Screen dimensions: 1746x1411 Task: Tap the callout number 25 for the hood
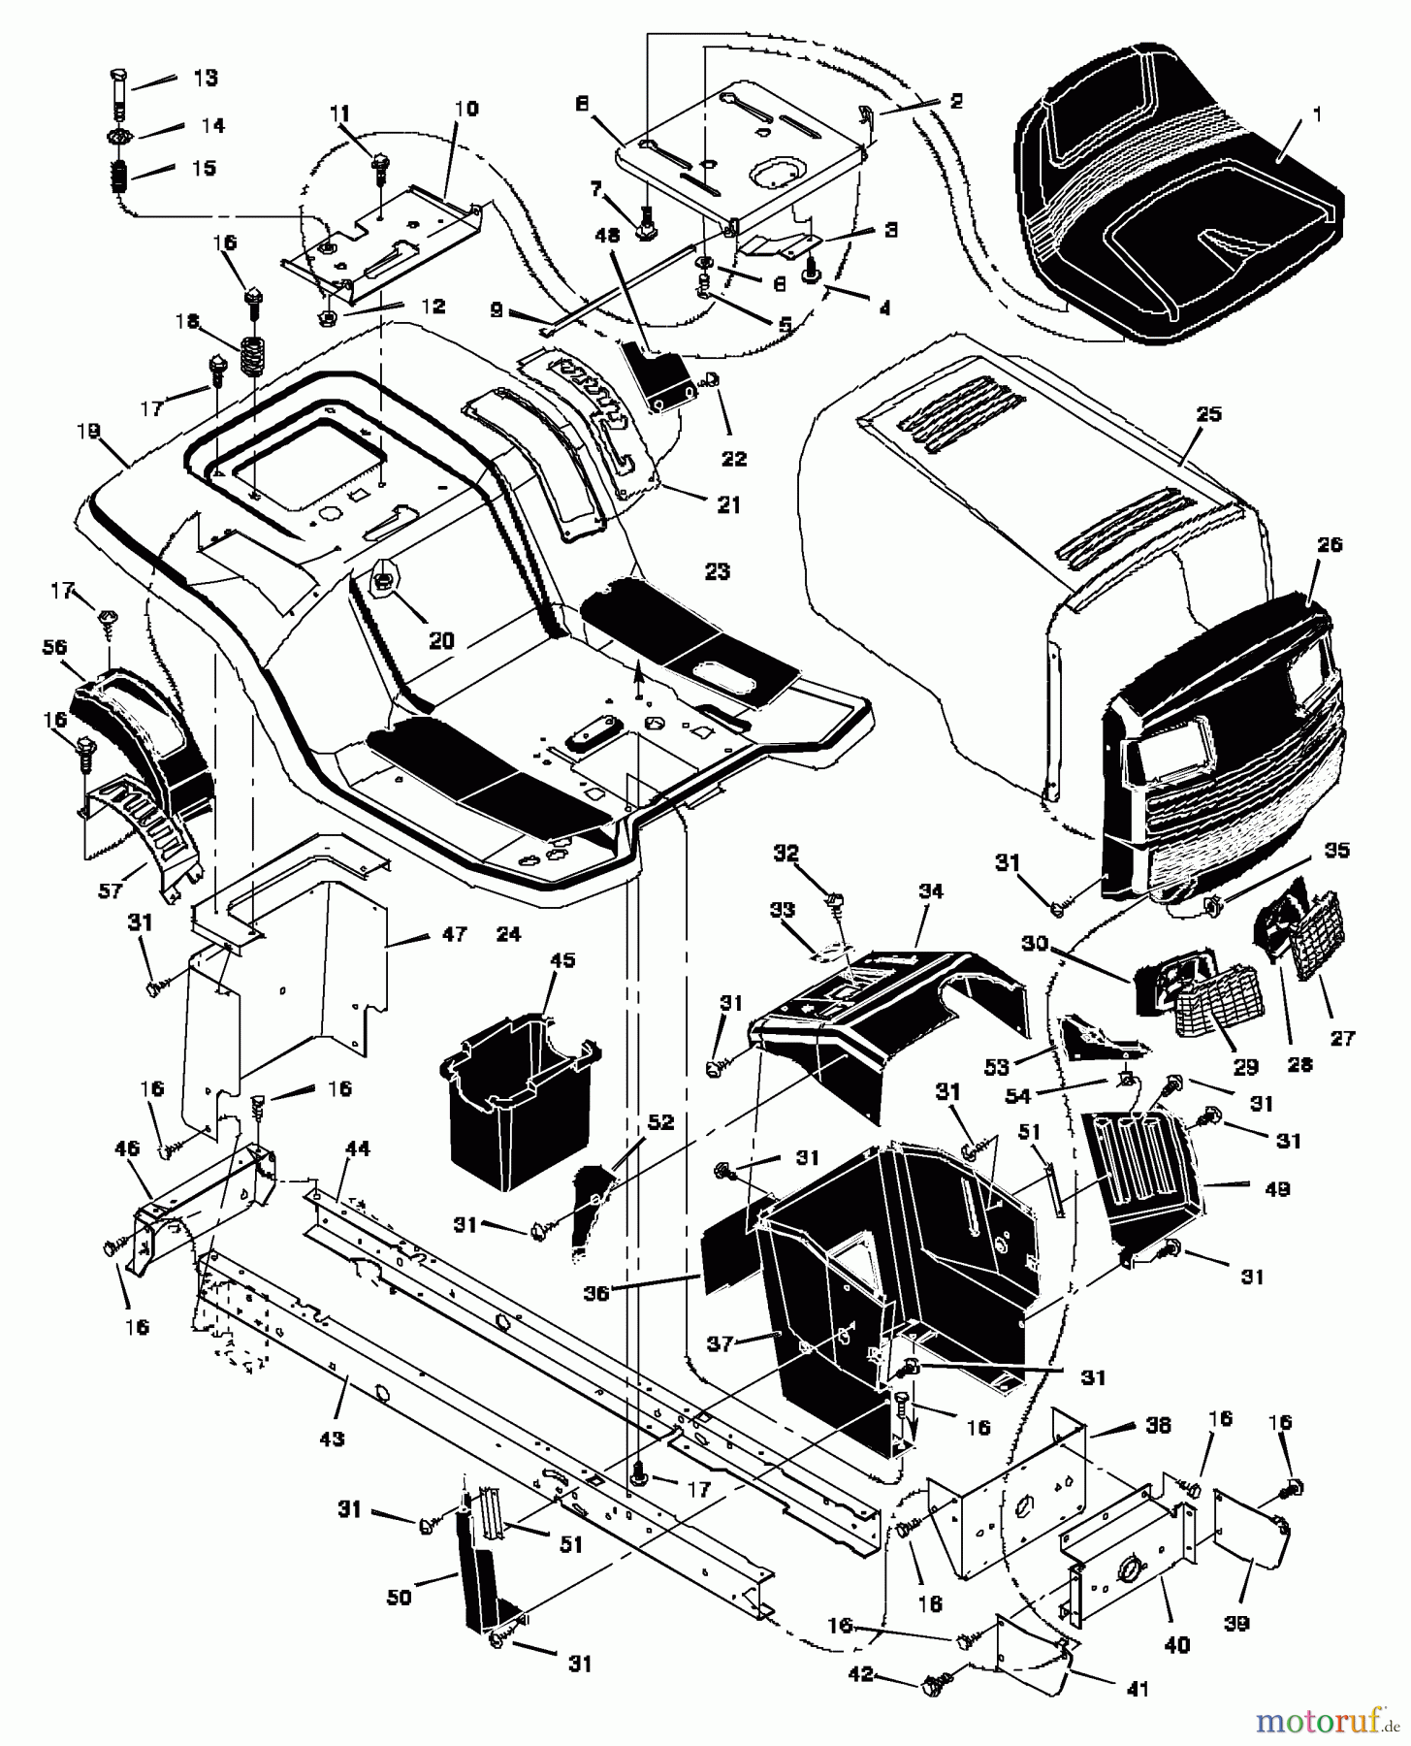[x=1209, y=414]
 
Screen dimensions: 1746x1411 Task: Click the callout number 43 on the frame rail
[x=332, y=1439]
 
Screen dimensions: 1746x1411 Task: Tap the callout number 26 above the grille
[x=1330, y=545]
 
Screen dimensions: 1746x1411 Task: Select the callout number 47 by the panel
[x=454, y=935]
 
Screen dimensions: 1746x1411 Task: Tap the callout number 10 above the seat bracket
[x=465, y=109]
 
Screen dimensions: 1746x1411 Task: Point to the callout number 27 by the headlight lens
[x=1341, y=1038]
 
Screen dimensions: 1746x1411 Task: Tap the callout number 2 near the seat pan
[x=956, y=101]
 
